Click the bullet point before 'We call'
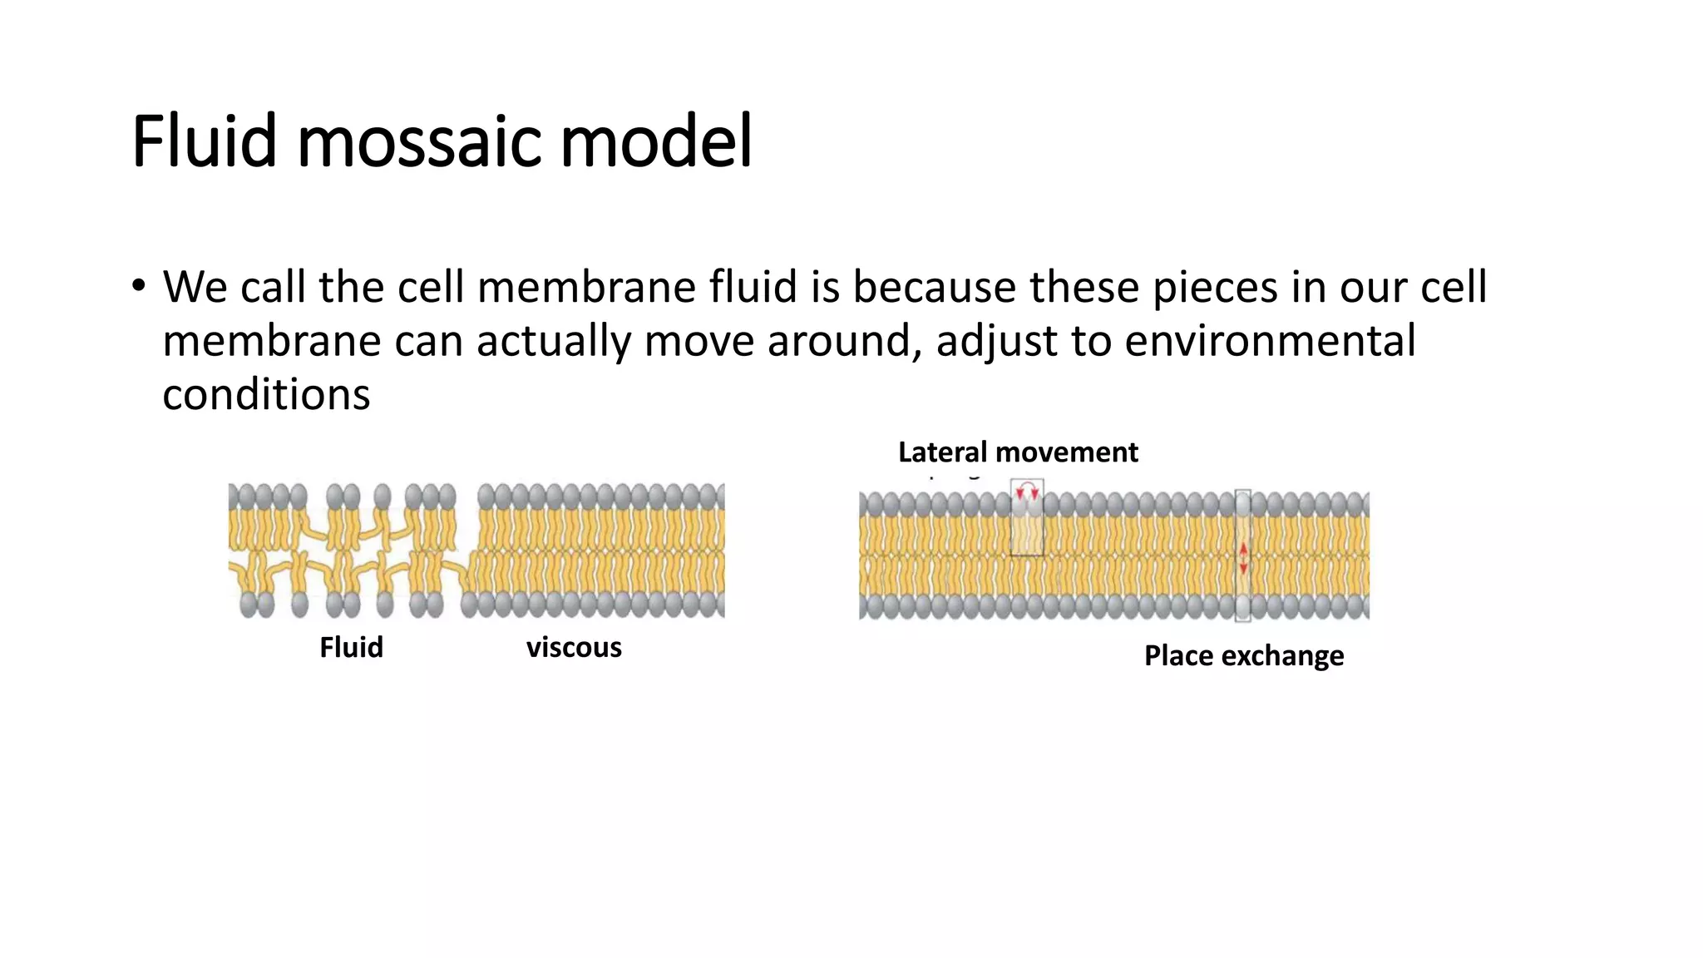click(x=138, y=286)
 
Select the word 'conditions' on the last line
click(x=266, y=394)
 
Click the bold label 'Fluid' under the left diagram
click(x=351, y=647)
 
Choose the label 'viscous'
click(x=574, y=647)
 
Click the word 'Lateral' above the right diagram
click(x=942, y=452)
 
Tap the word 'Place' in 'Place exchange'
click(x=1178, y=655)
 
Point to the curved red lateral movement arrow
click(x=1028, y=489)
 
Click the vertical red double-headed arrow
click(x=1243, y=558)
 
